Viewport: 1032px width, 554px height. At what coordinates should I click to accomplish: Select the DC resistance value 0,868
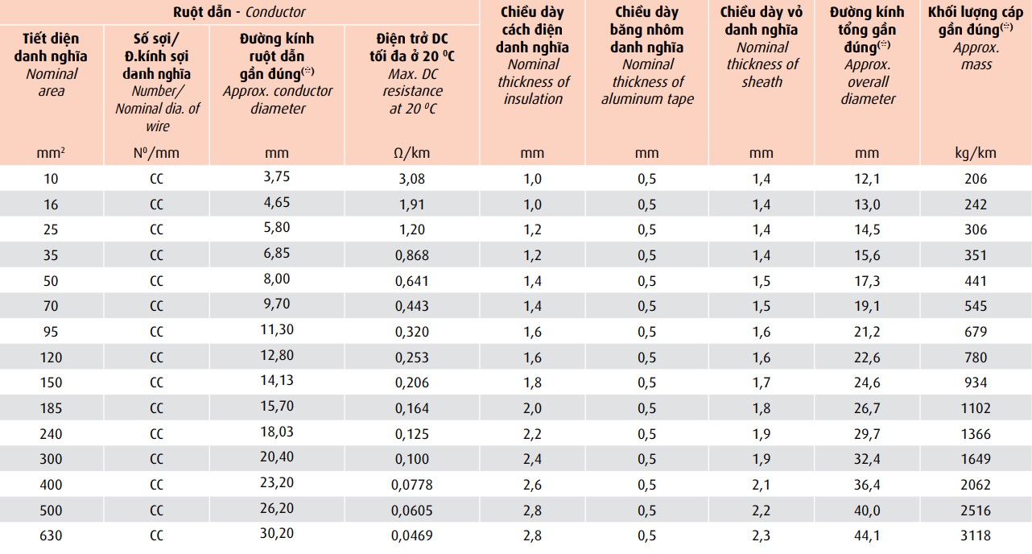coord(412,255)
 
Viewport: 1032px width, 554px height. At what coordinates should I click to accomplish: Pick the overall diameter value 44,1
coord(867,535)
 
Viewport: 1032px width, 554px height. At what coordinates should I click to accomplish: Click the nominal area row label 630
coord(51,535)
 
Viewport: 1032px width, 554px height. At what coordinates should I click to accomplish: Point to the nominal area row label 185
coord(51,408)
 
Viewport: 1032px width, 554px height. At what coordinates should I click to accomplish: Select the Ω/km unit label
coord(412,153)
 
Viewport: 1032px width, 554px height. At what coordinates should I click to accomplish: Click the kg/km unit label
coord(975,153)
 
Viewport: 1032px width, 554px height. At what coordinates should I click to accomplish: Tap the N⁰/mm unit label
coord(156,153)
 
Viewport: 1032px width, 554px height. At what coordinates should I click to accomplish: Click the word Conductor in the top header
coord(275,12)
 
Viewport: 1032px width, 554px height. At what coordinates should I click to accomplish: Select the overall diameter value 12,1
coord(867,179)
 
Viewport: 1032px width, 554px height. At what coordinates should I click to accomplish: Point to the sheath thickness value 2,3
coord(761,535)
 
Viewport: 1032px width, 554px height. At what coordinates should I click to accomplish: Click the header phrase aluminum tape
coord(647,99)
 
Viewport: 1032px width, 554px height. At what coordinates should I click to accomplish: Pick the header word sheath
coord(761,81)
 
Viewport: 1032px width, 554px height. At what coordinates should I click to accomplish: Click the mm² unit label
coord(51,153)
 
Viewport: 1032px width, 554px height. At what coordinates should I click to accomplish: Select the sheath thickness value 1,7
coord(761,382)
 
